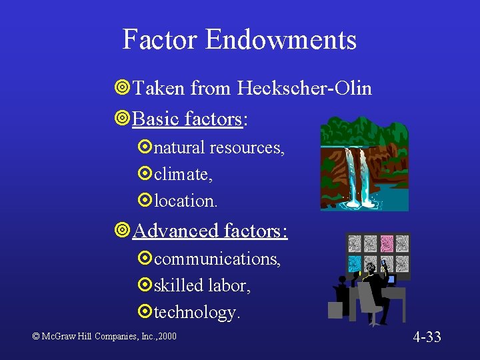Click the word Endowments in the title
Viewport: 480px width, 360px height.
[281, 39]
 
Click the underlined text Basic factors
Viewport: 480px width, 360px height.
[187, 119]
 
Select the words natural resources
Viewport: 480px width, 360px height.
[219, 148]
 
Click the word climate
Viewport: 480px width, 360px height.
[181, 175]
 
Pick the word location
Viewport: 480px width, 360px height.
[185, 200]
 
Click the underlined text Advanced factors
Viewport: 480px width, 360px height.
[209, 231]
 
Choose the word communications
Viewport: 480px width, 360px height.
[217, 259]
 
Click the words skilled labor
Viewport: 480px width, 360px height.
[201, 285]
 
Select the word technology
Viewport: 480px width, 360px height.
[195, 312]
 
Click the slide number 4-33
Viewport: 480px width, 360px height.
[427, 336]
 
